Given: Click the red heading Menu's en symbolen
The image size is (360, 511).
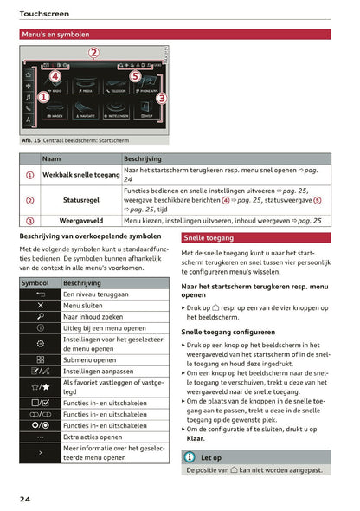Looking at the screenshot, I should [x=55, y=35].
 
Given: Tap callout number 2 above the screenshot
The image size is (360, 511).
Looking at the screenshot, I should [x=93, y=53].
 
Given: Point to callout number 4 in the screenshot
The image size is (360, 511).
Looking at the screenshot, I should [x=55, y=75].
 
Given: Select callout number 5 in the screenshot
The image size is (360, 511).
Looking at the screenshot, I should [x=135, y=75].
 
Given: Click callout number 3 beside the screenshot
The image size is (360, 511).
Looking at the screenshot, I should [x=161, y=98].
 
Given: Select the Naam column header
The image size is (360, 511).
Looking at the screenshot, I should [x=52, y=159].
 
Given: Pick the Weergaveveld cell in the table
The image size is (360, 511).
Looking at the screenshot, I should [x=81, y=221].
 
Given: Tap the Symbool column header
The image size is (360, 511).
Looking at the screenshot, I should [x=35, y=283].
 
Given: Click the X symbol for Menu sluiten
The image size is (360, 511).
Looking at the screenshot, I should [x=41, y=306].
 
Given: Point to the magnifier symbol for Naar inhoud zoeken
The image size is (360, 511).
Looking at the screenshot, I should [x=41, y=317].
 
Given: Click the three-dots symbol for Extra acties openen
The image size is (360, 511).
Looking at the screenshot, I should [x=41, y=437].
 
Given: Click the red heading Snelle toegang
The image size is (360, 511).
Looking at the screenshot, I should [x=208, y=237].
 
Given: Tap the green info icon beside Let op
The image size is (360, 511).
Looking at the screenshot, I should [x=190, y=456].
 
